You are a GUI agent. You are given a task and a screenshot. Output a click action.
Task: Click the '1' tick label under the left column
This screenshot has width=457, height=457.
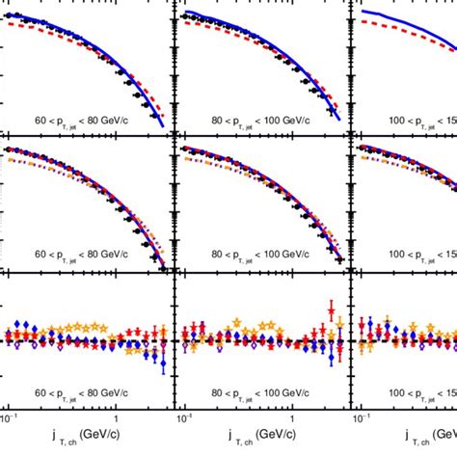[116, 422]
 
